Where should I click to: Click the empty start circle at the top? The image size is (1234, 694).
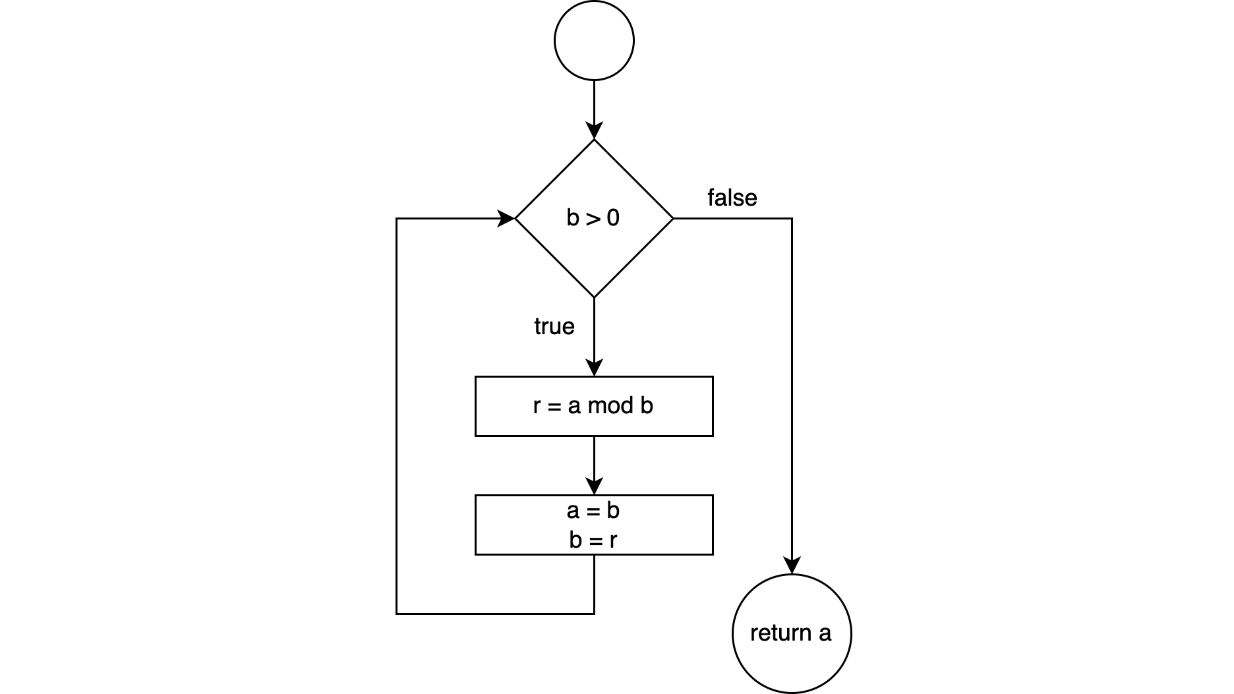tap(594, 41)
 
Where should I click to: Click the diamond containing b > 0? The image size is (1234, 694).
tap(594, 218)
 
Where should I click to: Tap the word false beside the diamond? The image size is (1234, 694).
tap(732, 198)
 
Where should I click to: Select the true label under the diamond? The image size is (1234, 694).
tap(554, 327)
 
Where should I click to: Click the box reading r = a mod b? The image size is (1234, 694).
tap(594, 406)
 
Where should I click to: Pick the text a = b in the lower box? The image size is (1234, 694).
tap(593, 511)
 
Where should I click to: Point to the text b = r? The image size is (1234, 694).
tap(593, 540)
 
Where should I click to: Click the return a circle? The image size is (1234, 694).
tap(791, 633)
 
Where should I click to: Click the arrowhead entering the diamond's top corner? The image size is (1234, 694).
tap(594, 131)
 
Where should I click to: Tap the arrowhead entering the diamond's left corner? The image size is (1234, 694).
tap(507, 218)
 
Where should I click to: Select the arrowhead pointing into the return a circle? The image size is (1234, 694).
tap(792, 565)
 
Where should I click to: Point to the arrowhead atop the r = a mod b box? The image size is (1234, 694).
tap(594, 368)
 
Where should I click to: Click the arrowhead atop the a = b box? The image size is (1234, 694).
tap(594, 486)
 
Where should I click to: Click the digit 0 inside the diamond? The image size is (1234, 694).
tap(613, 218)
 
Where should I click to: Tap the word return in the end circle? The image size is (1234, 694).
tap(780, 633)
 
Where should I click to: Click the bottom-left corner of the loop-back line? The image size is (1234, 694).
tap(396, 614)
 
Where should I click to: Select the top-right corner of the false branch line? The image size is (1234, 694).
tap(792, 218)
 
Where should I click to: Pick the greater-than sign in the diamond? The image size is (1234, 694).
tap(593, 218)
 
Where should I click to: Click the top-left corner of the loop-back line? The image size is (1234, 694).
tap(396, 218)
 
